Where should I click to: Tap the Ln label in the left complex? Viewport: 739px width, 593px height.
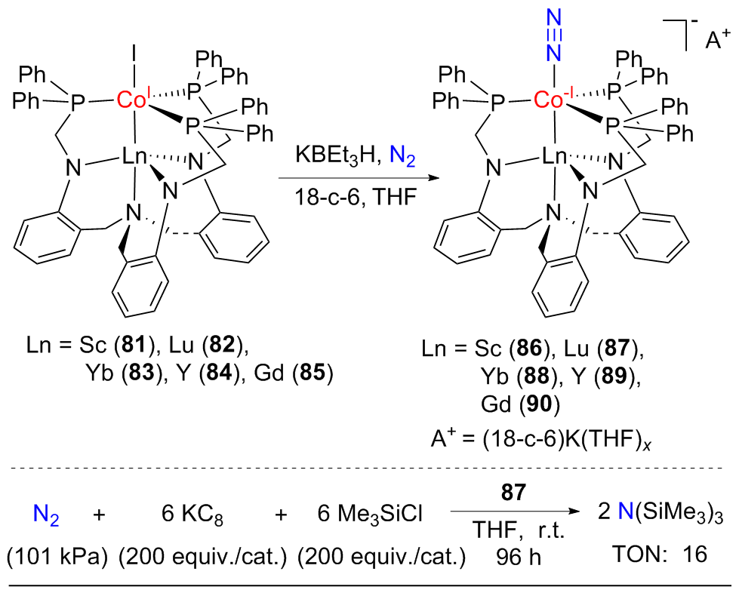[x=135, y=156]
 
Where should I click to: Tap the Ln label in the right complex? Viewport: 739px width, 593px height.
[x=554, y=156]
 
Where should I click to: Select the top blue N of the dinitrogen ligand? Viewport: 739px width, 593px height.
[x=554, y=18]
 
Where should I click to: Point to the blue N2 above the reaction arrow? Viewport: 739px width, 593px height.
[x=402, y=155]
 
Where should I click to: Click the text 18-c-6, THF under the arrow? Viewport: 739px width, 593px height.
[x=356, y=196]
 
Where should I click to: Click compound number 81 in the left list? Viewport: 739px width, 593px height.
[x=133, y=346]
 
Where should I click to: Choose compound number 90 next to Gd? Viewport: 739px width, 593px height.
[x=539, y=404]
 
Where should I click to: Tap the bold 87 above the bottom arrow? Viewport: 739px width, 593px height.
[x=513, y=493]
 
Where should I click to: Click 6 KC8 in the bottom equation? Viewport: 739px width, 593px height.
[x=192, y=515]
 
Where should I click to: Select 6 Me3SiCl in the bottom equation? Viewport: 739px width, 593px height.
[x=370, y=515]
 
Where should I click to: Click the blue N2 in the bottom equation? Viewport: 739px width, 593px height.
[x=46, y=515]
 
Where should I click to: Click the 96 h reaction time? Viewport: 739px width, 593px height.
[x=518, y=558]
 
